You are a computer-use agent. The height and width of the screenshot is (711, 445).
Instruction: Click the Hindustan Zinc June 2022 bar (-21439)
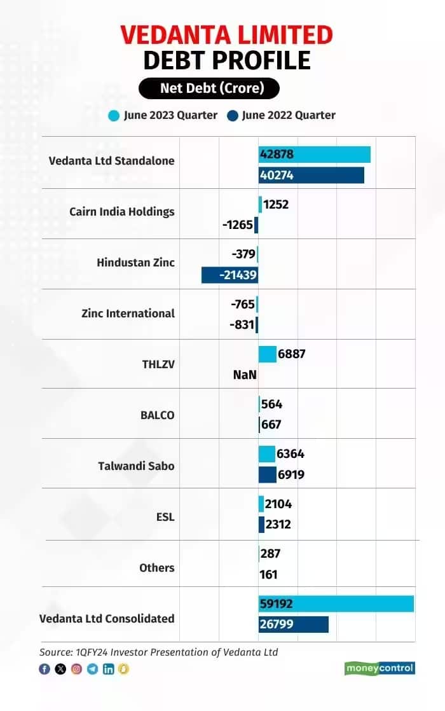click(x=229, y=275)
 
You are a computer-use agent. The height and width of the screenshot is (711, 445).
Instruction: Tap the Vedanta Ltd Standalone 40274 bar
click(x=311, y=175)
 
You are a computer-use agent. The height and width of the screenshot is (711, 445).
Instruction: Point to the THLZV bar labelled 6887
click(x=267, y=354)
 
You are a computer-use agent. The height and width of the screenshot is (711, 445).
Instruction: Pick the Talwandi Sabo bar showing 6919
click(x=267, y=475)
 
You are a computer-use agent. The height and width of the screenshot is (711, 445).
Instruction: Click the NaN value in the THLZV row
click(x=245, y=375)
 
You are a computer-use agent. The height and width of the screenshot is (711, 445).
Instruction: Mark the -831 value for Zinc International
click(x=242, y=324)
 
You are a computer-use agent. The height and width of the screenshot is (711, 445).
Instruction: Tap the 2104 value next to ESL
click(x=278, y=504)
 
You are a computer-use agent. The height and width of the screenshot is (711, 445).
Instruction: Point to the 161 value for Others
click(x=269, y=575)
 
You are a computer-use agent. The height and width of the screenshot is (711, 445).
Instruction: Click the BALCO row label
click(x=157, y=415)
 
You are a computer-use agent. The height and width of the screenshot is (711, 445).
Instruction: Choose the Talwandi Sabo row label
click(x=136, y=466)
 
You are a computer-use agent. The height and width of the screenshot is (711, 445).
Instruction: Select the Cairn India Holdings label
click(x=121, y=212)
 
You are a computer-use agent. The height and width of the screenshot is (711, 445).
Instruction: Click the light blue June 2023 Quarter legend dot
click(x=114, y=116)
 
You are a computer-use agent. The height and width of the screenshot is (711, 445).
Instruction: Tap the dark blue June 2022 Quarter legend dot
click(x=233, y=116)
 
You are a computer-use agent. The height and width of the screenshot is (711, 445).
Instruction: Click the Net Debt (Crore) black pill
click(x=209, y=88)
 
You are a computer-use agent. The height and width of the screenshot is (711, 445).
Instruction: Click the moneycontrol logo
click(x=380, y=668)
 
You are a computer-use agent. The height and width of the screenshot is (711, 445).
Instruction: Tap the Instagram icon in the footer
click(x=76, y=669)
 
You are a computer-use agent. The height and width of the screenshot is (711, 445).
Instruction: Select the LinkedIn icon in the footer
click(x=108, y=669)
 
